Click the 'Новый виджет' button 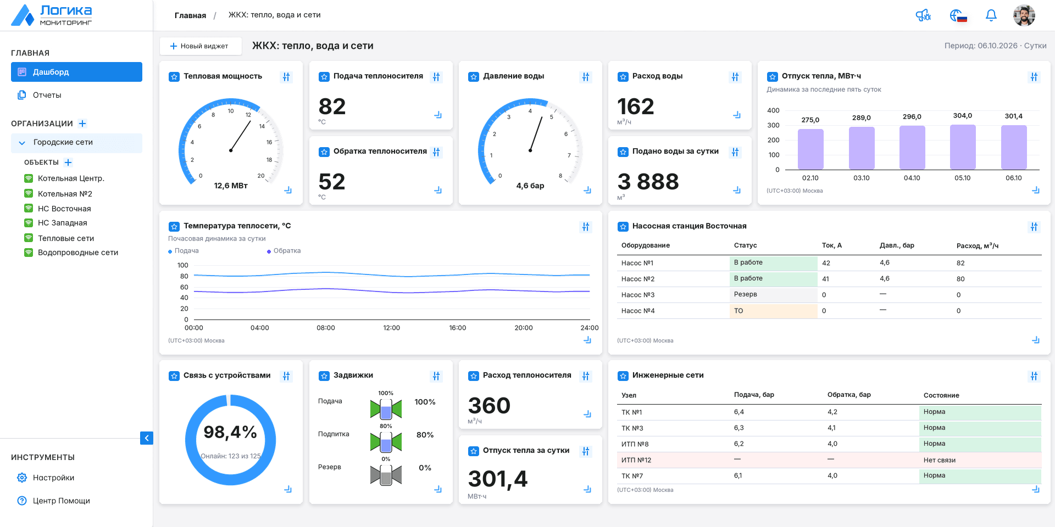201,46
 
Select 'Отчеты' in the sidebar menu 47,95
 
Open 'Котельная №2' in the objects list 65,194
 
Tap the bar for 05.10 963,147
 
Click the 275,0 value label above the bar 810,120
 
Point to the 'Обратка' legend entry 284,251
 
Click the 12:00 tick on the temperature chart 391,328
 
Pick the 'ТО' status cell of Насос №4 773,311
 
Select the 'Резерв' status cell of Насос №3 773,295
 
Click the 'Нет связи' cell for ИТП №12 980,460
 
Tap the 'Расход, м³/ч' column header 977,245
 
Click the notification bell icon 991,15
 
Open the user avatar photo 1024,15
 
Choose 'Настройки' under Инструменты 53,478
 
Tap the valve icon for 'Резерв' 386,475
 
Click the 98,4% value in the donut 230,433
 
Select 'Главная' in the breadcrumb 190,15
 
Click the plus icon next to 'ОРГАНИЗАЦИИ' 82,124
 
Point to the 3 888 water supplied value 648,182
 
